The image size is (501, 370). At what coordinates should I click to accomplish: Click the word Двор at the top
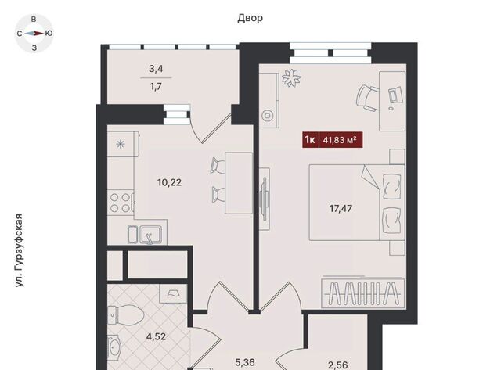click(x=250, y=18)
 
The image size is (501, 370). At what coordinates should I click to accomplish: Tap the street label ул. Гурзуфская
click(x=20, y=250)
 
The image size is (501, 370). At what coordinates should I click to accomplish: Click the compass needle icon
click(x=34, y=33)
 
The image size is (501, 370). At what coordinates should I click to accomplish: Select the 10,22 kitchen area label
click(x=169, y=182)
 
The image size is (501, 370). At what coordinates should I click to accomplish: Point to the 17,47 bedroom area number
click(x=341, y=209)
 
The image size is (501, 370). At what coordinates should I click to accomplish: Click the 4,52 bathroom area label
click(x=156, y=336)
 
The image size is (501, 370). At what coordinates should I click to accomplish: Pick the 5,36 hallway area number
click(x=245, y=362)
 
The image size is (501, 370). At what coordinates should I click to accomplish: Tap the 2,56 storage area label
click(x=337, y=365)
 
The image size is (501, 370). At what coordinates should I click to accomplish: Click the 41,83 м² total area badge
click(x=333, y=140)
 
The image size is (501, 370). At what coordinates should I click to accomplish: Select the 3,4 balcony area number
click(x=156, y=69)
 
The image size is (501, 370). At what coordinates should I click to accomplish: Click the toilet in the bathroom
click(x=125, y=314)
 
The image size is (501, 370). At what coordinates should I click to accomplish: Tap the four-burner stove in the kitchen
click(x=120, y=203)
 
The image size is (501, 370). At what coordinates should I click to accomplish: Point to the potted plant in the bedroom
click(x=291, y=78)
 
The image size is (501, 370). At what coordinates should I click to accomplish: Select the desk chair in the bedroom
click(x=368, y=98)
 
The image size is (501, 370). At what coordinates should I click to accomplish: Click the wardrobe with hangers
click(x=363, y=293)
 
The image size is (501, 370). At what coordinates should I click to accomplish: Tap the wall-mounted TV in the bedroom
click(x=265, y=199)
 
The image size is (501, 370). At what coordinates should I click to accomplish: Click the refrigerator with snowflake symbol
click(x=123, y=144)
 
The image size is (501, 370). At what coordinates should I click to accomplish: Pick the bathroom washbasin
click(x=114, y=347)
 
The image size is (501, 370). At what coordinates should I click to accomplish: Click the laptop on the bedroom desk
click(x=395, y=95)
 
